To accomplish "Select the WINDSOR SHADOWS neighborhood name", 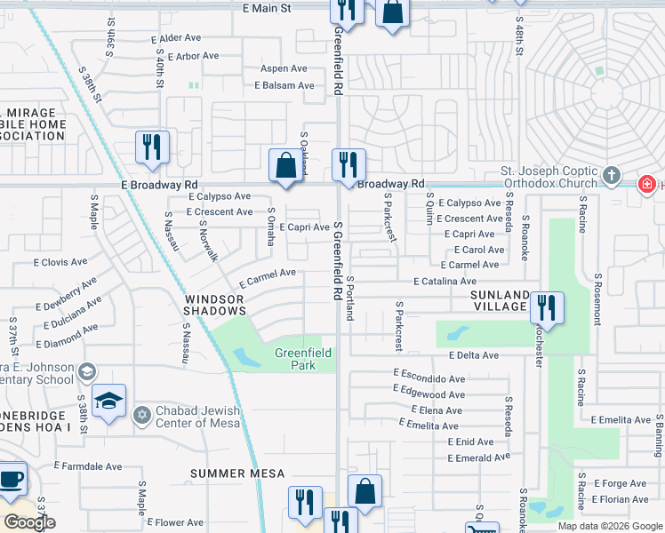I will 214,306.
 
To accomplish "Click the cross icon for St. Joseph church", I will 611,176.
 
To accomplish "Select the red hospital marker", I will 647,184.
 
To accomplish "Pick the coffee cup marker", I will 12,478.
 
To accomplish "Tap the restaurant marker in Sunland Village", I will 547,308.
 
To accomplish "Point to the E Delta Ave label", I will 474,355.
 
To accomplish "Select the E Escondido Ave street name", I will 429,378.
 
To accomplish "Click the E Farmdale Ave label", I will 88,465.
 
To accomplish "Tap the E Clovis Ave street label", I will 60,262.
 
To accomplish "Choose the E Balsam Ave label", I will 284,85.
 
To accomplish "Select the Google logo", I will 29,522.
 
